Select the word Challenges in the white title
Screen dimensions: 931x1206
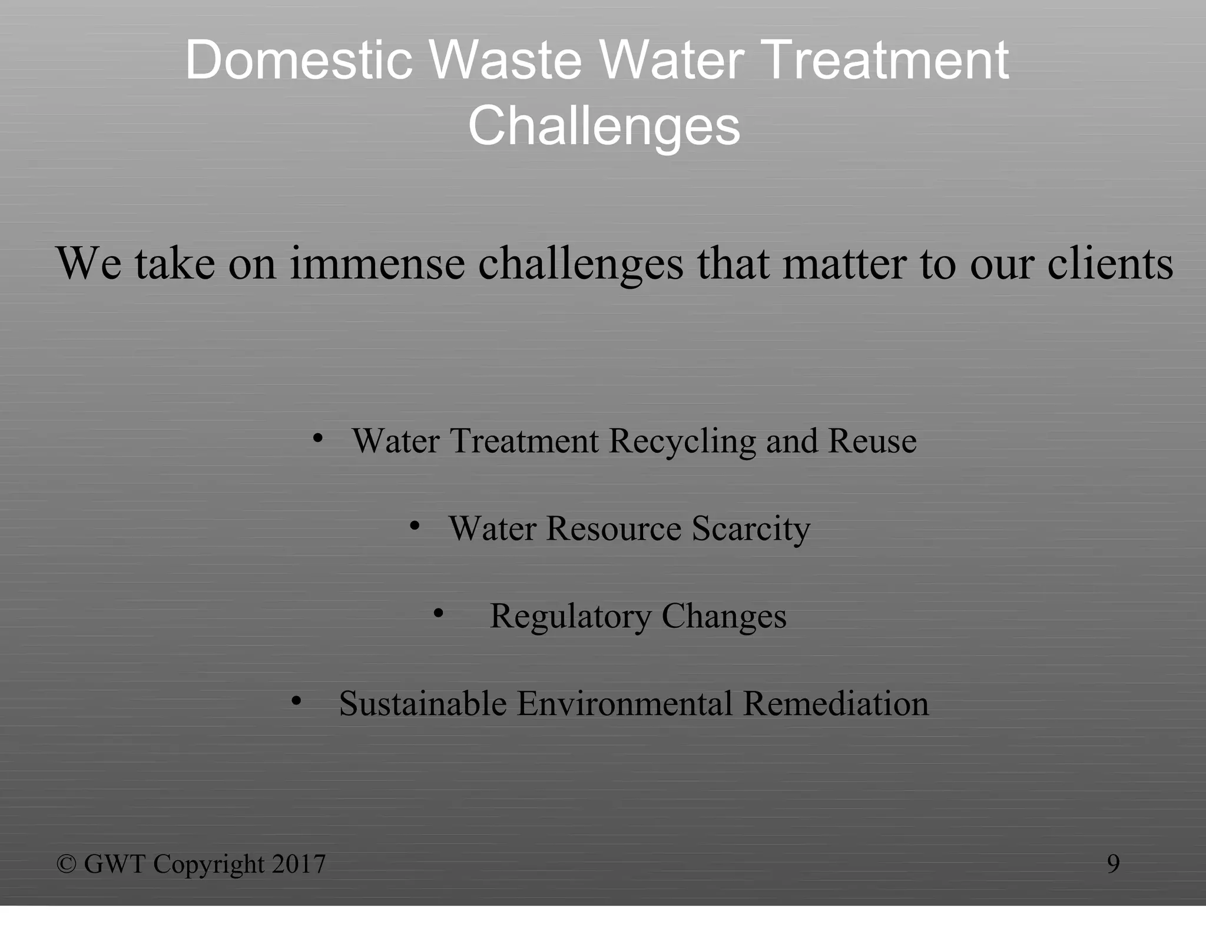click(604, 126)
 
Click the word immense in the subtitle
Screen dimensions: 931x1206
click(377, 263)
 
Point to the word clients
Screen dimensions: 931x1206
click(1110, 263)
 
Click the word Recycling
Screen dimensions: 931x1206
click(682, 441)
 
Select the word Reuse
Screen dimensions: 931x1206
click(872, 441)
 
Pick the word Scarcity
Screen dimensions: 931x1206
click(751, 528)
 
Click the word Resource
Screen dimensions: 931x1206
click(614, 528)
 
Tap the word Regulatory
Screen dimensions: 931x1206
click(571, 616)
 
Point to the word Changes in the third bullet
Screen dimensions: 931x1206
click(724, 616)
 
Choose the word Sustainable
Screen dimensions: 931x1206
click(423, 703)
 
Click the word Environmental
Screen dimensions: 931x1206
click(625, 703)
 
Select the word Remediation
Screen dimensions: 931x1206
click(836, 703)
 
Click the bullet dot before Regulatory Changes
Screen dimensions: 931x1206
click(438, 614)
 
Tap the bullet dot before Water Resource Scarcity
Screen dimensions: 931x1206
click(415, 526)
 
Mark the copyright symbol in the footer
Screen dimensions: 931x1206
click(67, 864)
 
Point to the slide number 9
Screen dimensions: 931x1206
click(1113, 863)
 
